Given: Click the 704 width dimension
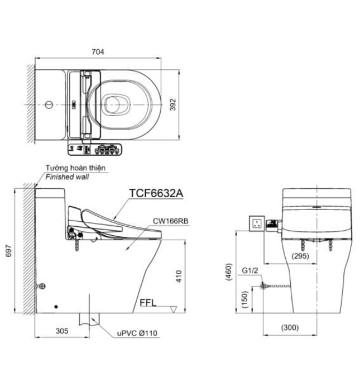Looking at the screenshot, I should click(x=98, y=52).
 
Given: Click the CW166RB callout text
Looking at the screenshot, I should click(x=170, y=221).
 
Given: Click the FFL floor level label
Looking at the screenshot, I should click(x=148, y=304).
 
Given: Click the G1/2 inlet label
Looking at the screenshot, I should click(x=250, y=271).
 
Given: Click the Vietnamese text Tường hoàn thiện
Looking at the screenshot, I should click(x=75, y=168).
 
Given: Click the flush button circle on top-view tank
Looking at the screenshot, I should click(x=49, y=104).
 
